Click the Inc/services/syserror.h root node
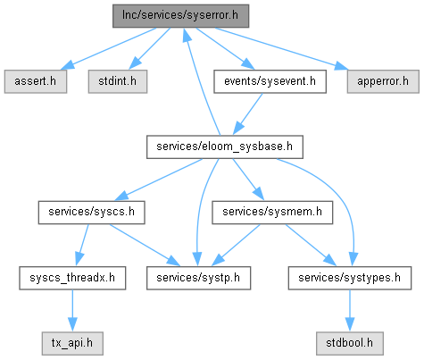180,16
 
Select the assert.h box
36,81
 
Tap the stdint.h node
118,81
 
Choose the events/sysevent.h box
270,81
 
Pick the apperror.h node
383,81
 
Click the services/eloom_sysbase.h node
225,147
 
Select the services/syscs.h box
92,213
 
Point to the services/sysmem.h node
272,213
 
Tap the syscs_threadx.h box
72,278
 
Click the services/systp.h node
198,278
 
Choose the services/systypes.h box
350,278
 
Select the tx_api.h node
72,343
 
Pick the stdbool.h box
350,343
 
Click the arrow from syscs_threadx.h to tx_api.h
72,311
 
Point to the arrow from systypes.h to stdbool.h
350,311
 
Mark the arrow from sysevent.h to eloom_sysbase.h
247,114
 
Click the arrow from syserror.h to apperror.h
282,49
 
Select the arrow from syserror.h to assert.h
108,49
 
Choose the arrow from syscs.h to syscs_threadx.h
82,245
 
